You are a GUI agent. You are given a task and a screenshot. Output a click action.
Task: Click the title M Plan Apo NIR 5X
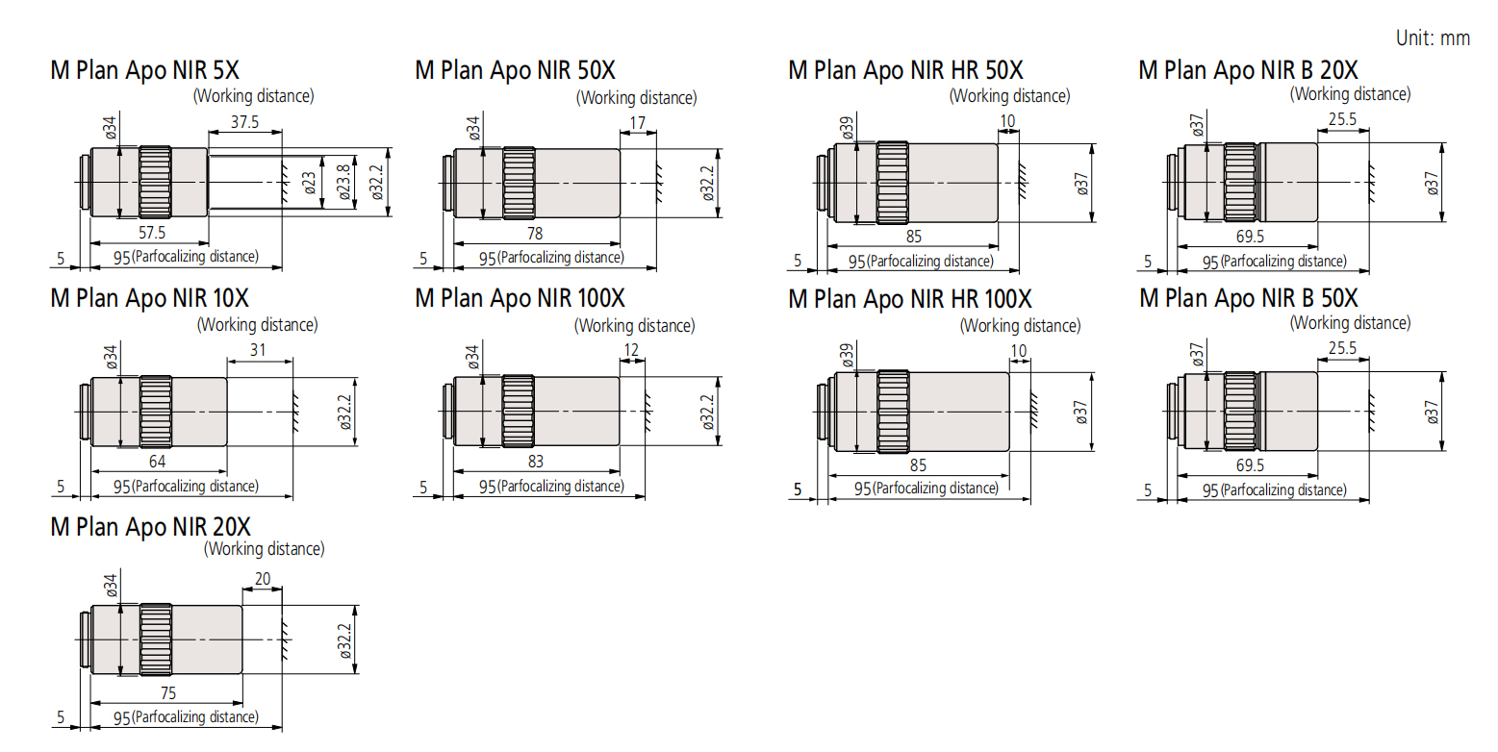144,70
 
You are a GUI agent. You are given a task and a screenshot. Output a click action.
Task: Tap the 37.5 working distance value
244,122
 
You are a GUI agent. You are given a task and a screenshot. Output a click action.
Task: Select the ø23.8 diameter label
343,182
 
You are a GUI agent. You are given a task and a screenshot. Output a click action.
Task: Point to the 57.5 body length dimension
152,233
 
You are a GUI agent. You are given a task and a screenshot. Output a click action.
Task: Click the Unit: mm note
1433,38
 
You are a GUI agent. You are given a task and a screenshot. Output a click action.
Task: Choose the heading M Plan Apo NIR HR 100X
909,299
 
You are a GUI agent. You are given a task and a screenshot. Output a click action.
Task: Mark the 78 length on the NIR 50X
534,234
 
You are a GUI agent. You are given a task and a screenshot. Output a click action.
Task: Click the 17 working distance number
637,123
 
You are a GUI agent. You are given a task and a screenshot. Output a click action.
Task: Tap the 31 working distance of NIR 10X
258,350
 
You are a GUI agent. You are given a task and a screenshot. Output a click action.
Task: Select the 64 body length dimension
157,462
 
